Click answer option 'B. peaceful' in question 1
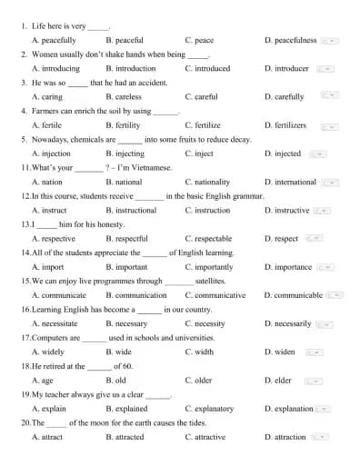(x=124, y=40)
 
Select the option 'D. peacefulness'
(x=290, y=40)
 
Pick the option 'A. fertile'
(x=47, y=125)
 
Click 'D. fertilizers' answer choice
(x=285, y=125)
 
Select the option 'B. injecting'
(x=125, y=153)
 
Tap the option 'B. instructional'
(x=131, y=210)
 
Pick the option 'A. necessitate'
(x=55, y=323)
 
